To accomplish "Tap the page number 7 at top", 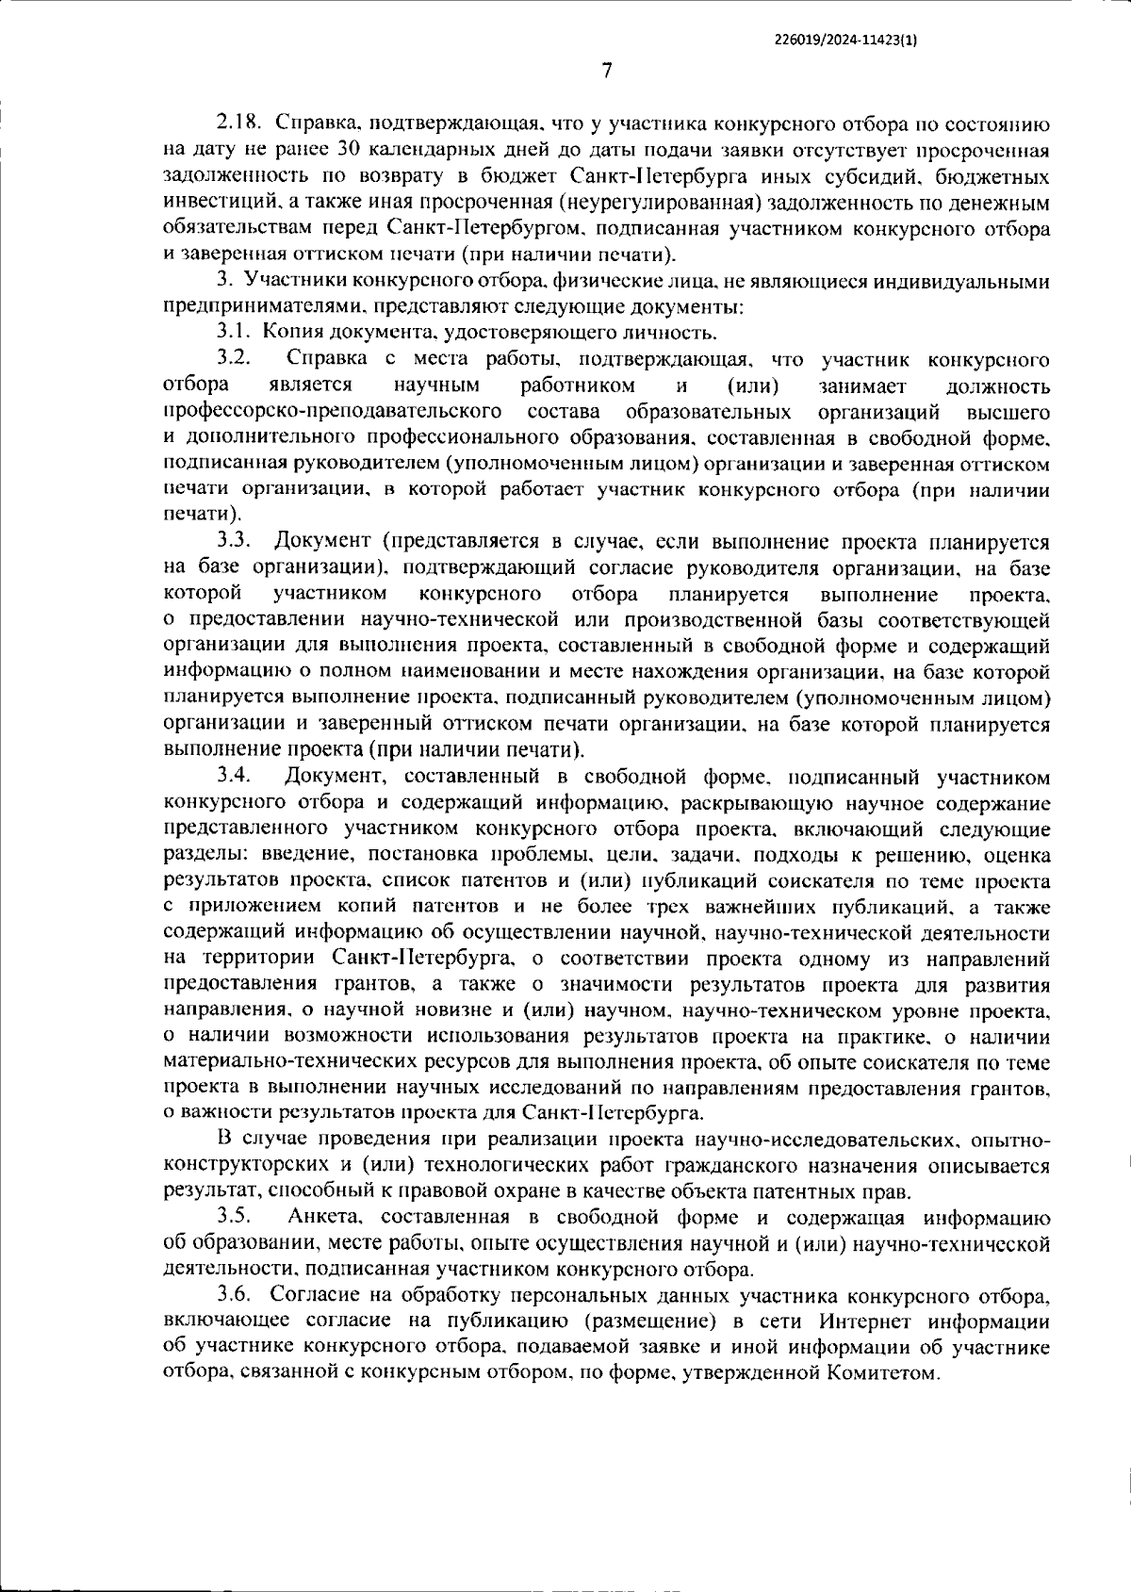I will click(606, 71).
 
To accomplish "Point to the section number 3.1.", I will click(233, 332).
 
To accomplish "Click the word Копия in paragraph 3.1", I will click(287, 332).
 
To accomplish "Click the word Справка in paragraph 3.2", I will click(321, 359).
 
